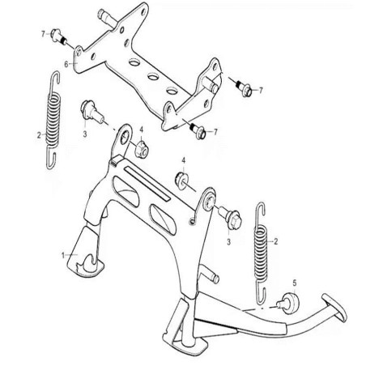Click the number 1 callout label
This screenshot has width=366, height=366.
(63, 255)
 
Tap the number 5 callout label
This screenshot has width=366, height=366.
(295, 283)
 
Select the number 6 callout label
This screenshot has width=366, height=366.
(66, 64)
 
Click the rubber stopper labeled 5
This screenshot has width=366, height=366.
(289, 302)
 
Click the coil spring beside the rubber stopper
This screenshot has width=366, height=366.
(262, 253)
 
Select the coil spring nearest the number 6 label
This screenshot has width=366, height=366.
(53, 120)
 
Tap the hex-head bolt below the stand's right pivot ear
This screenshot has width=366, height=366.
(230, 218)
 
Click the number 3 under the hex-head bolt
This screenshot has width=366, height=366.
(228, 242)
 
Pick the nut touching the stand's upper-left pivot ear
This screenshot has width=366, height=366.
(142, 149)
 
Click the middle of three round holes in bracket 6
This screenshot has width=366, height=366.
(153, 77)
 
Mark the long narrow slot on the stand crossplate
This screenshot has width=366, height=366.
(147, 183)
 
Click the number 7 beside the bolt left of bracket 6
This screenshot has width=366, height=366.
(43, 34)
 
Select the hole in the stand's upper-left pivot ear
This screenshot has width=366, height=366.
(125, 138)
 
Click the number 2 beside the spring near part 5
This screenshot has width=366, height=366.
(275, 241)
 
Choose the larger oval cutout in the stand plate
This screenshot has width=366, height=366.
(126, 191)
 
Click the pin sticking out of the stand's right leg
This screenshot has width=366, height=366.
(210, 273)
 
